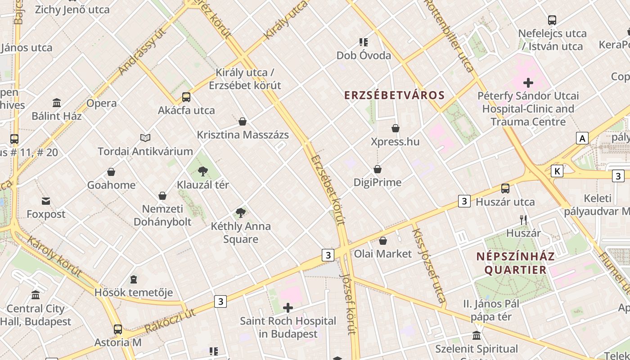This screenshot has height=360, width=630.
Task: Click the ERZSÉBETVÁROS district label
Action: point(394,95)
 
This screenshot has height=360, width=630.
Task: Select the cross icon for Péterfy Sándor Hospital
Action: point(528,83)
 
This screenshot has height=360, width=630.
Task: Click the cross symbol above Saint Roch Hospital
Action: point(288,308)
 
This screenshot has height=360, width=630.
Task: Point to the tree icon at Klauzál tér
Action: point(203,171)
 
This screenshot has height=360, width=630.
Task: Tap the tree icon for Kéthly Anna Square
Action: point(241,212)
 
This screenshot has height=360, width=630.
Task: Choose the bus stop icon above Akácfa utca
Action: point(186,97)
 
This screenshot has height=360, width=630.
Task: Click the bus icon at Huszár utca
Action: point(505,188)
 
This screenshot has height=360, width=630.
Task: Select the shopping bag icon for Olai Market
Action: point(383,241)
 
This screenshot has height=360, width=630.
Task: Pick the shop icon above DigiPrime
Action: point(378,169)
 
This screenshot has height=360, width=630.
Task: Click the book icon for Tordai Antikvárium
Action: point(145,138)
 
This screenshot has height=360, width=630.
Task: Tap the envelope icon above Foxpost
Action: point(46,201)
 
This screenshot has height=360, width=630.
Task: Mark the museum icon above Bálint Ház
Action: point(57,103)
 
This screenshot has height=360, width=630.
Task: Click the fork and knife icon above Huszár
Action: point(523,220)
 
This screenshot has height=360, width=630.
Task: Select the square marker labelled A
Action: point(582,138)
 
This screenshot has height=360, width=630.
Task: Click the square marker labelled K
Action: point(557,171)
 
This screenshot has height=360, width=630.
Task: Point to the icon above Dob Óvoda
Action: point(364,42)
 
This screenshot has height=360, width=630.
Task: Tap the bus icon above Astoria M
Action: point(117,329)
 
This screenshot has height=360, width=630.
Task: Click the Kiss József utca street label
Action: point(428,265)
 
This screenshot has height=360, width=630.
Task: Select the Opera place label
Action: point(101,103)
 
